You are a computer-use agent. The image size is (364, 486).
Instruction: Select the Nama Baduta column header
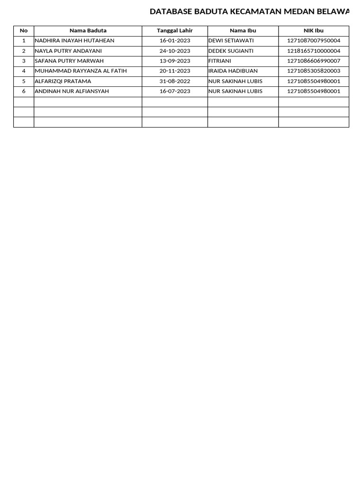tap(88, 30)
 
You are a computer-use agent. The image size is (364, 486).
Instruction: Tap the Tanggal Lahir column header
tap(175, 30)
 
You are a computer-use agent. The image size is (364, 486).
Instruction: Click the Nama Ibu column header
tap(243, 30)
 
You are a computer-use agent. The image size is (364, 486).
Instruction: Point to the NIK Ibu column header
tap(313, 30)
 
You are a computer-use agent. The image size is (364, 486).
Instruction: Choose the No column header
tap(24, 30)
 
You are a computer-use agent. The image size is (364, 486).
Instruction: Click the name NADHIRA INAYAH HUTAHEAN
tap(74, 41)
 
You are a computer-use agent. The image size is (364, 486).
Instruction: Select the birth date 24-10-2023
tap(175, 51)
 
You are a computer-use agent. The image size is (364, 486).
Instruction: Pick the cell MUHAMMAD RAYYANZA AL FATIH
tap(81, 71)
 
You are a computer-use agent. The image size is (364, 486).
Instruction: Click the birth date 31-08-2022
tap(175, 81)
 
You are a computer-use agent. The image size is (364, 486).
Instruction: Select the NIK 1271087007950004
tap(313, 41)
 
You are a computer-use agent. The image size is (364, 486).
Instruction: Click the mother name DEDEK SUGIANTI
tap(231, 51)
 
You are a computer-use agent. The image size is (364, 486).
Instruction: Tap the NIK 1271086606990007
tap(313, 61)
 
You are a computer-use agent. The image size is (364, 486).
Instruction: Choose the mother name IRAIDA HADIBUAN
tap(233, 71)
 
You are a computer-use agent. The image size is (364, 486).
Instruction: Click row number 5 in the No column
tap(24, 81)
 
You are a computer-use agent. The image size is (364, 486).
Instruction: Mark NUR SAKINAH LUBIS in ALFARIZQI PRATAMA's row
tap(235, 81)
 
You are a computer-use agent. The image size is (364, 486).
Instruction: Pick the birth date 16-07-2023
tap(175, 91)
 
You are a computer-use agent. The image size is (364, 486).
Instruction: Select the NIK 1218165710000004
tap(313, 51)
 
